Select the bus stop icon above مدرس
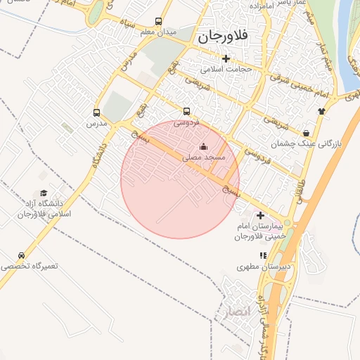[x=96, y=112]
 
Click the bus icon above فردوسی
[x=186, y=111]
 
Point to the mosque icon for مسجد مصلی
[x=204, y=147]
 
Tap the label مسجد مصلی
[x=204, y=158]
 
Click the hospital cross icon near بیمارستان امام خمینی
[x=260, y=215]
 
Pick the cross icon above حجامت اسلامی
[x=226, y=59]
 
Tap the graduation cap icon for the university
[x=44, y=193]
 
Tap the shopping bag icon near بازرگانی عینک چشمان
[x=306, y=132]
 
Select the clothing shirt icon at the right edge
[x=322, y=110]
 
